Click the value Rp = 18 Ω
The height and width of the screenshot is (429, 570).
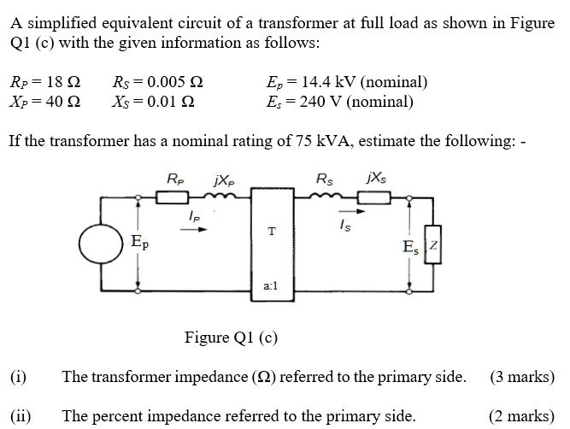click(44, 84)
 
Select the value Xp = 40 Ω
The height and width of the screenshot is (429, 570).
click(44, 103)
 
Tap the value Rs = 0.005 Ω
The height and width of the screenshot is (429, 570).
click(157, 84)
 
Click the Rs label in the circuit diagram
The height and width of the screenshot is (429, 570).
click(325, 179)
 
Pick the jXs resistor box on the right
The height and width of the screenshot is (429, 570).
click(373, 199)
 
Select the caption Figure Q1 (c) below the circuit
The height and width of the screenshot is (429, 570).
click(231, 337)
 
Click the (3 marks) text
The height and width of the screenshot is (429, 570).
click(522, 376)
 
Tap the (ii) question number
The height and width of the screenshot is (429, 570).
click(21, 416)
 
